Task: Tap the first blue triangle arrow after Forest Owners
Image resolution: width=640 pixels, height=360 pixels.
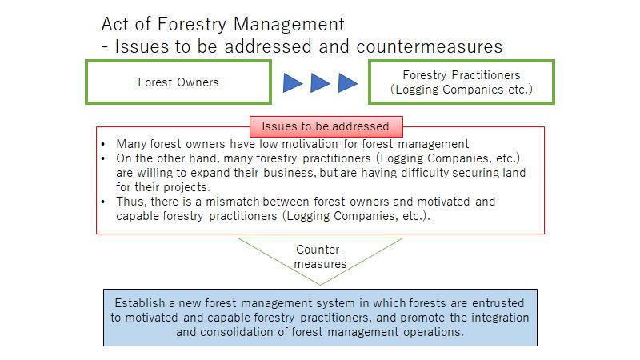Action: pyautogui.click(x=293, y=83)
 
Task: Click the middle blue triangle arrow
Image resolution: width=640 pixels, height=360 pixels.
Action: pyautogui.click(x=321, y=83)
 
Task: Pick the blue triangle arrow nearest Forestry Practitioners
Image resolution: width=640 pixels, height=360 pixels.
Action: pyautogui.click(x=348, y=83)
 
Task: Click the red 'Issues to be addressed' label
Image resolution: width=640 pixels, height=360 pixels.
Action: pyautogui.click(x=326, y=126)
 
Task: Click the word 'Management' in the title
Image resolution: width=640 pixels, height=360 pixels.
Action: pyautogui.click(x=289, y=24)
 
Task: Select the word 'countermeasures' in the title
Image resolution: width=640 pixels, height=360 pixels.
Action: pyautogui.click(x=430, y=46)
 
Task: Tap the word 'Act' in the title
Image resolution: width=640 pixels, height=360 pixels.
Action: pyautogui.click(x=115, y=24)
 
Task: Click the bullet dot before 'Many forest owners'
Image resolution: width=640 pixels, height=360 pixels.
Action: pyautogui.click(x=103, y=144)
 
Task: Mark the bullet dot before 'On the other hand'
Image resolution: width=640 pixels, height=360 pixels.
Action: pyautogui.click(x=103, y=158)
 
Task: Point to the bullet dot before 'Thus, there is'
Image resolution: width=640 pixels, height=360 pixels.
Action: pyautogui.click(x=103, y=202)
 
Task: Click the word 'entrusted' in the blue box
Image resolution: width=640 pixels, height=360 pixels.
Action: pyautogui.click(x=498, y=303)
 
